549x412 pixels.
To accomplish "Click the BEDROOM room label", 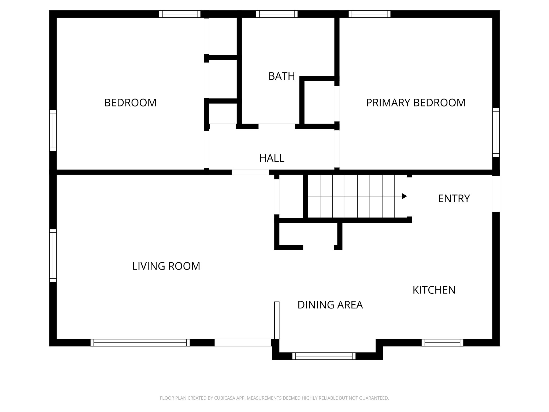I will point(130,103).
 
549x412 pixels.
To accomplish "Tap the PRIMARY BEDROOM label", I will point(416,103).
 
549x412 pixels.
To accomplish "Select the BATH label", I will point(281,76).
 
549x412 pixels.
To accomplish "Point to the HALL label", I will point(272,158).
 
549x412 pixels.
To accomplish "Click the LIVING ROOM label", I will point(166,266).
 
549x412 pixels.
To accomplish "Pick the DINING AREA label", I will point(330,305).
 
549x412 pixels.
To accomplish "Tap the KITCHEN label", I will point(434,290).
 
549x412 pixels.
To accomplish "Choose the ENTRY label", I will point(454,199).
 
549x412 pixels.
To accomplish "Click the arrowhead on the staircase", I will point(404,196).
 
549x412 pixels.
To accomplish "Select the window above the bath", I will point(277,14).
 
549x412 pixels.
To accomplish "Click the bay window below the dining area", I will point(324,356).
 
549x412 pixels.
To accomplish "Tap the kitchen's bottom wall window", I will point(442,343).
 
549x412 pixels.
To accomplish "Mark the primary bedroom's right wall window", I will point(496,133).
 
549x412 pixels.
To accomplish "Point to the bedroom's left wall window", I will point(53,130).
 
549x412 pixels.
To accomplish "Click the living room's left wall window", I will point(53,255).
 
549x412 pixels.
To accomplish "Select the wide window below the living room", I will point(140,343).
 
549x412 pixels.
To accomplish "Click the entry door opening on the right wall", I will point(496,194).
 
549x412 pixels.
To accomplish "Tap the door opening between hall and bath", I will point(277,126).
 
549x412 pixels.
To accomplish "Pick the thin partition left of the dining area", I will point(277,320).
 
